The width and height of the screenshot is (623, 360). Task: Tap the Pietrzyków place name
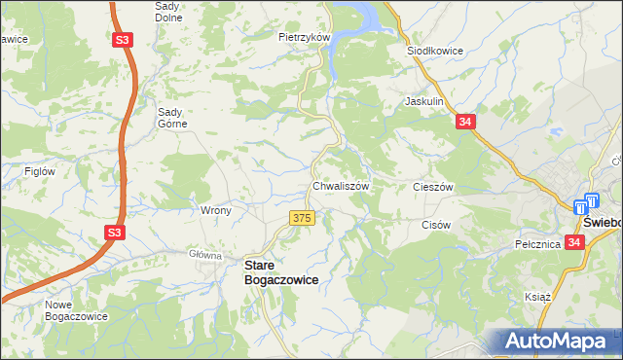coord(306,37)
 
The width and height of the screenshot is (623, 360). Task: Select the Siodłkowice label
coord(434,50)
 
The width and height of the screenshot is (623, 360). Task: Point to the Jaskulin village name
coord(424,100)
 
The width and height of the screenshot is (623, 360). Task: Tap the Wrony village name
coord(214,209)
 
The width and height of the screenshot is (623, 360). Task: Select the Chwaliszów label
coord(339,185)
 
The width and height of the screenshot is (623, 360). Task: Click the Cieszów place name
coord(434,186)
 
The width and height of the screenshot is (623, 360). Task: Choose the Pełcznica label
coord(538,244)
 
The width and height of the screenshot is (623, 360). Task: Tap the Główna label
coord(205,255)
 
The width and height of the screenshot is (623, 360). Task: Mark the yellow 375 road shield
coord(302,218)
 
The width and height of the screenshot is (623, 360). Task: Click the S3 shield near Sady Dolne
coord(122,40)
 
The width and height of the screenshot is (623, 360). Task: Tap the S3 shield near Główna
coord(115,232)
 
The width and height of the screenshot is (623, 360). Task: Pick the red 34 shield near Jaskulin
coord(466,121)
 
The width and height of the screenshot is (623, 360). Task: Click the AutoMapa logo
coord(561,341)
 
